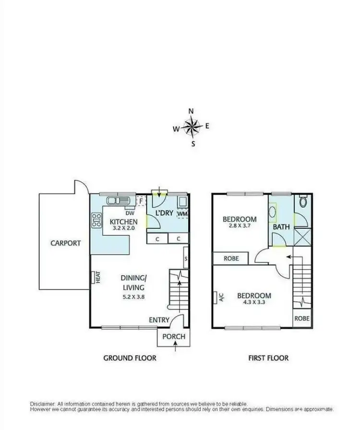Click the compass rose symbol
coord(192,127)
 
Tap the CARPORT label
coord(66,243)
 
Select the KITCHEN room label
coord(124,221)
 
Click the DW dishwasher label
coord(130,213)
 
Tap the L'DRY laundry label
coord(163,212)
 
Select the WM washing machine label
coord(182,213)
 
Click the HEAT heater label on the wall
coord(97,277)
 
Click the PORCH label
coord(174,336)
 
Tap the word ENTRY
coord(159,320)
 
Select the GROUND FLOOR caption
coord(130,358)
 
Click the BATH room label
coord(281,226)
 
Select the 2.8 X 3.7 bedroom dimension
coord(240,226)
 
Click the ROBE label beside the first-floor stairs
coord(302,318)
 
